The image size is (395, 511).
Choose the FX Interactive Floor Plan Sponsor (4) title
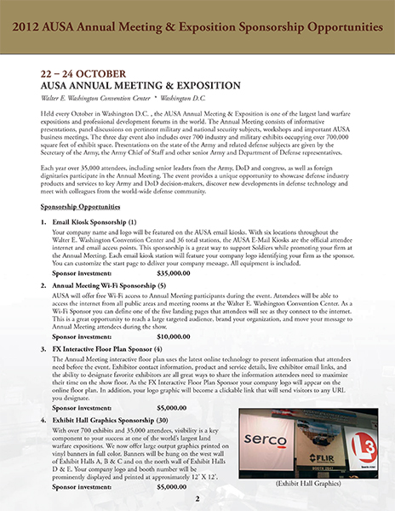pos(108,349)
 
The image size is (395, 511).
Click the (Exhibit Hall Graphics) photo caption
pos(301,484)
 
